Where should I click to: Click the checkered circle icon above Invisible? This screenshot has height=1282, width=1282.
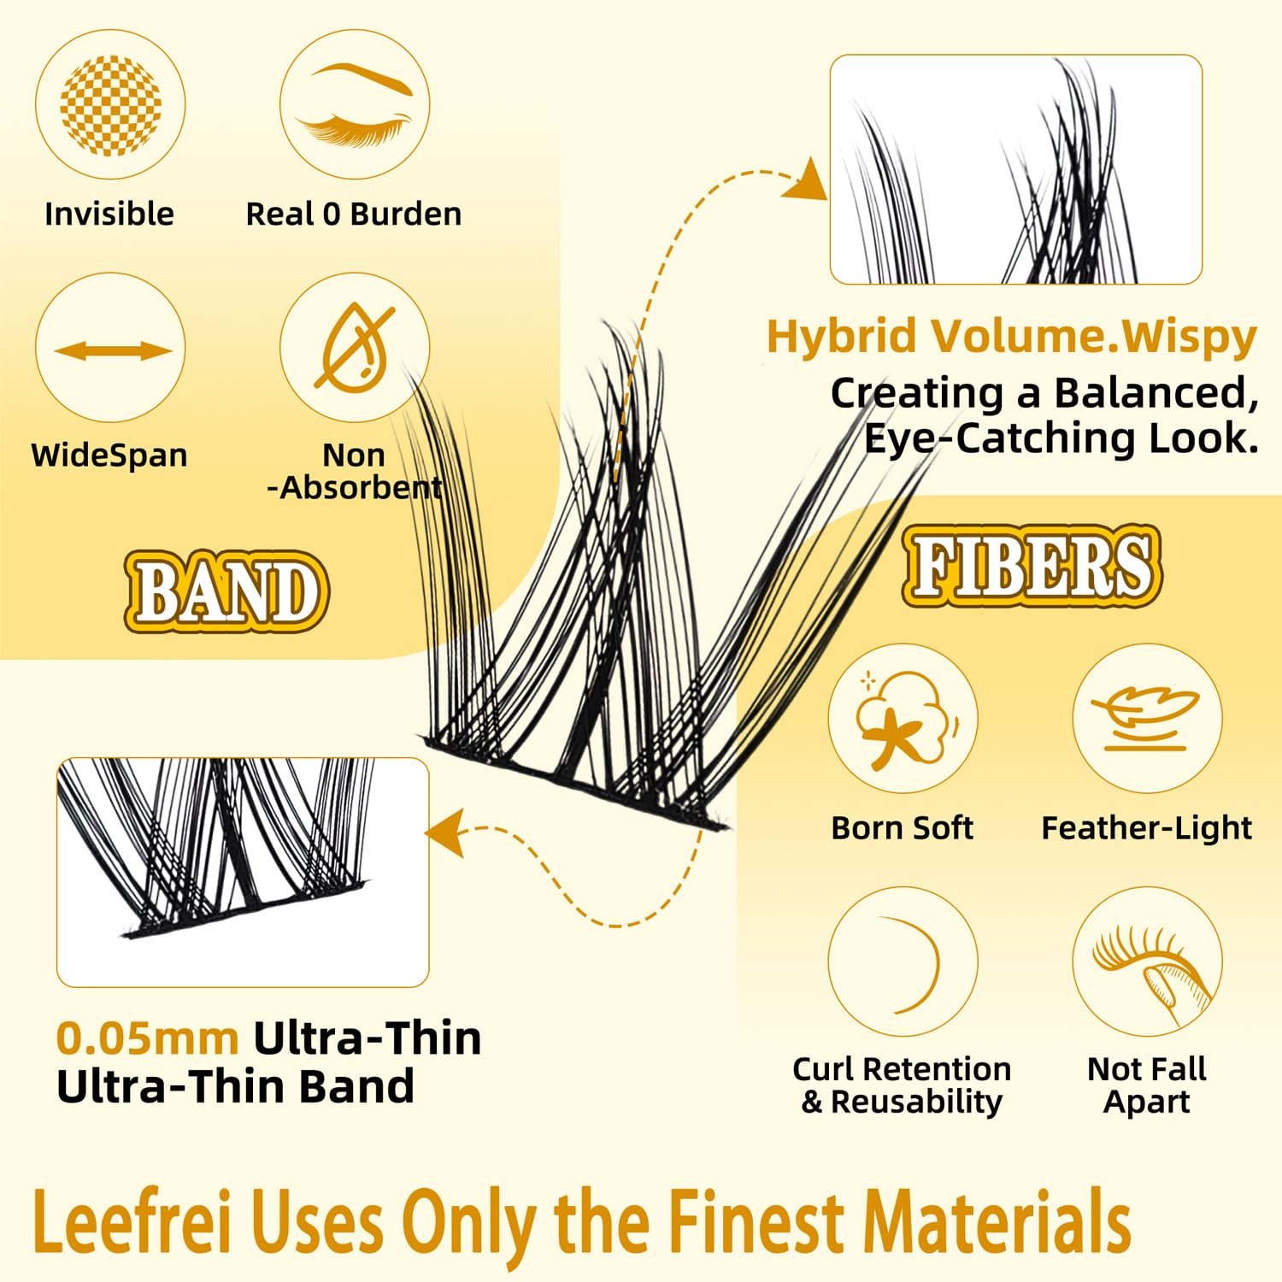(x=110, y=105)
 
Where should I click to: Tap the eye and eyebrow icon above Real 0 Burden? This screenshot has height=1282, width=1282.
(x=355, y=105)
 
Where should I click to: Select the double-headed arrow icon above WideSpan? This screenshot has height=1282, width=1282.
(x=111, y=350)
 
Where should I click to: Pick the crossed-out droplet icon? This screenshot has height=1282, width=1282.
(x=355, y=349)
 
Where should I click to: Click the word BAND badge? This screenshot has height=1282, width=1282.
(x=226, y=591)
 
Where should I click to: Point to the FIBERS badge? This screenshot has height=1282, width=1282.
(x=1032, y=566)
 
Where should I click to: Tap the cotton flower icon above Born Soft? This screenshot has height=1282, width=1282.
(x=903, y=718)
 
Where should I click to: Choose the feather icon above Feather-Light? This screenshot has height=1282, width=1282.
(x=1147, y=718)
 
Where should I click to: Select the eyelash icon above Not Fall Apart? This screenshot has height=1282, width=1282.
(x=1147, y=961)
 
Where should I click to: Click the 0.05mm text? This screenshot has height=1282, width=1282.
(x=147, y=1039)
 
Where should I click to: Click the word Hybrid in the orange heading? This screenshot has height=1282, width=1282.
(x=842, y=337)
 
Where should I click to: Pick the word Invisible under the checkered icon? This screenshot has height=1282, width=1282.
(x=109, y=214)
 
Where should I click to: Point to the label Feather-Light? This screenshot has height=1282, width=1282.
(x=1146, y=828)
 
